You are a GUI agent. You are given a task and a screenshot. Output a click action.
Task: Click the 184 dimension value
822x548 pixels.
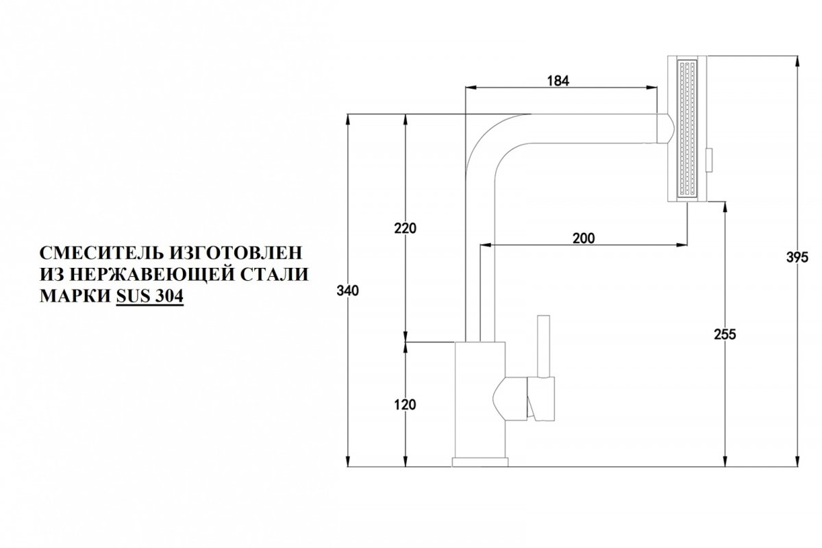pyautogui.click(x=558, y=81)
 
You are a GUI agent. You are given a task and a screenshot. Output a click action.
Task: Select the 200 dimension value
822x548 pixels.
pyautogui.click(x=584, y=238)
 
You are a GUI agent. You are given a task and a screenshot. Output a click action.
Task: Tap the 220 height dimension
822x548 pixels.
pyautogui.click(x=406, y=228)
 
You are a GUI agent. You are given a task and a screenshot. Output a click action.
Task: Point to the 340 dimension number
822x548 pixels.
pyautogui.click(x=347, y=291)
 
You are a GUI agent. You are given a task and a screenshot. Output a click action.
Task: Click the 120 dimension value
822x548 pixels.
pyautogui.click(x=405, y=405)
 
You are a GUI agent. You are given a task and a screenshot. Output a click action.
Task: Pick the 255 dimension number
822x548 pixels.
pyautogui.click(x=725, y=334)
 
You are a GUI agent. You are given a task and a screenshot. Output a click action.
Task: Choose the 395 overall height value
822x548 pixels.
pyautogui.click(x=797, y=258)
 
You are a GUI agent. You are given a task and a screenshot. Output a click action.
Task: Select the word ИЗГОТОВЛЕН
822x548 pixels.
pyautogui.click(x=236, y=253)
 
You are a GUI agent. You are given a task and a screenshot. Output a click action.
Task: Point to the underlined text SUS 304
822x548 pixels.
pyautogui.click(x=150, y=296)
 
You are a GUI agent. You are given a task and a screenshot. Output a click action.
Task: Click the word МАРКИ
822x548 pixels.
pyautogui.click(x=75, y=296)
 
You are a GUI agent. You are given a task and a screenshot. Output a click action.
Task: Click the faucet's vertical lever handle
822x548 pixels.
pyautogui.click(x=543, y=346)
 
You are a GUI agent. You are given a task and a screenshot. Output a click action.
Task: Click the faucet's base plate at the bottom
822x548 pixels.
pyautogui.click(x=480, y=462)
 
